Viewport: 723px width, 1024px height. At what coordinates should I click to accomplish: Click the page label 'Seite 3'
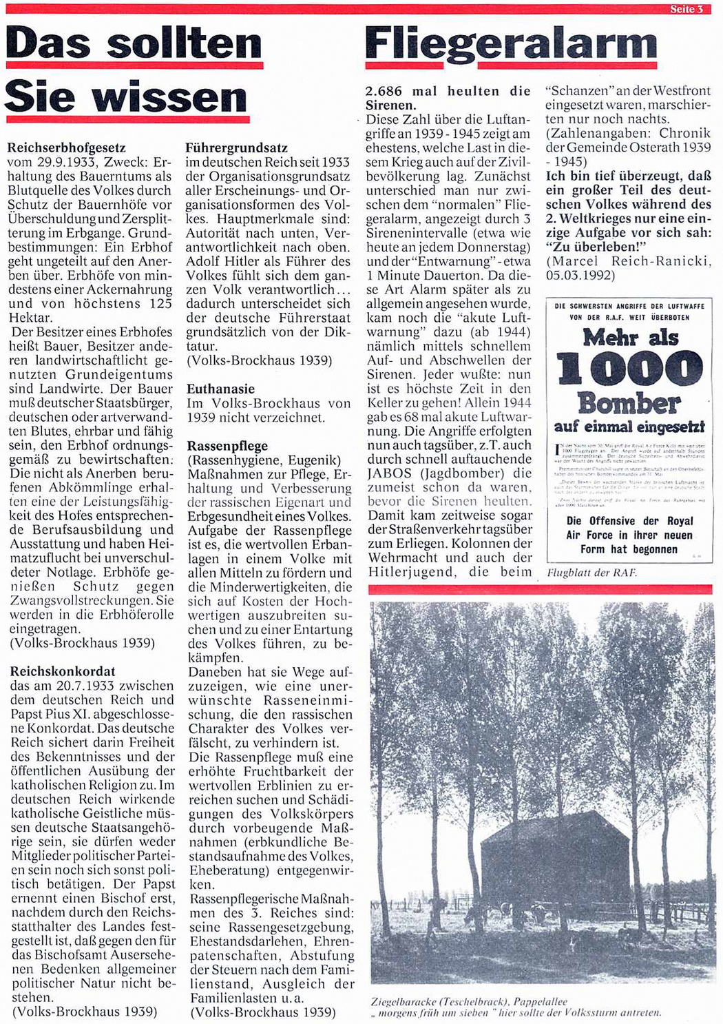[x=691, y=9]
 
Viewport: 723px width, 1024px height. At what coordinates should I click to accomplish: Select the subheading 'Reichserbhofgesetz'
[x=67, y=147]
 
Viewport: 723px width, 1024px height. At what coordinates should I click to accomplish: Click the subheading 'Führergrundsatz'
[x=237, y=147]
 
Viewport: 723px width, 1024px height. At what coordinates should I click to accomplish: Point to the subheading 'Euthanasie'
[x=220, y=389]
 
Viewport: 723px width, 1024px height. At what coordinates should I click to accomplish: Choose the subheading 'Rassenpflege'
[x=227, y=446]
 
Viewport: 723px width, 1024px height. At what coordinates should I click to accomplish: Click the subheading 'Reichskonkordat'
[x=63, y=671]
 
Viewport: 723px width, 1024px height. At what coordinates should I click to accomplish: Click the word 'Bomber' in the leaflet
[x=629, y=402]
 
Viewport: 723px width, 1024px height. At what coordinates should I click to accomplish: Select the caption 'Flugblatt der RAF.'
[x=591, y=573]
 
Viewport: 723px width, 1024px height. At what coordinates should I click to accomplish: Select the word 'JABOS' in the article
[x=390, y=473]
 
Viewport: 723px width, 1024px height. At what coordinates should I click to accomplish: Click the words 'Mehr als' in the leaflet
[x=630, y=338]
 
